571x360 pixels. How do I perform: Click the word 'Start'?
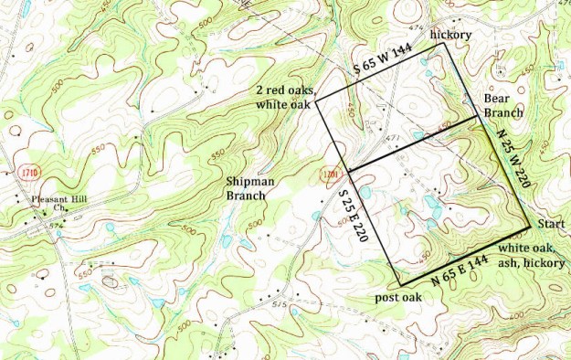[x=551, y=224]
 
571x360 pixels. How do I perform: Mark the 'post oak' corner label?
[x=398, y=299]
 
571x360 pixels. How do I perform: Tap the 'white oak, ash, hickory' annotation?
[x=532, y=255]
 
